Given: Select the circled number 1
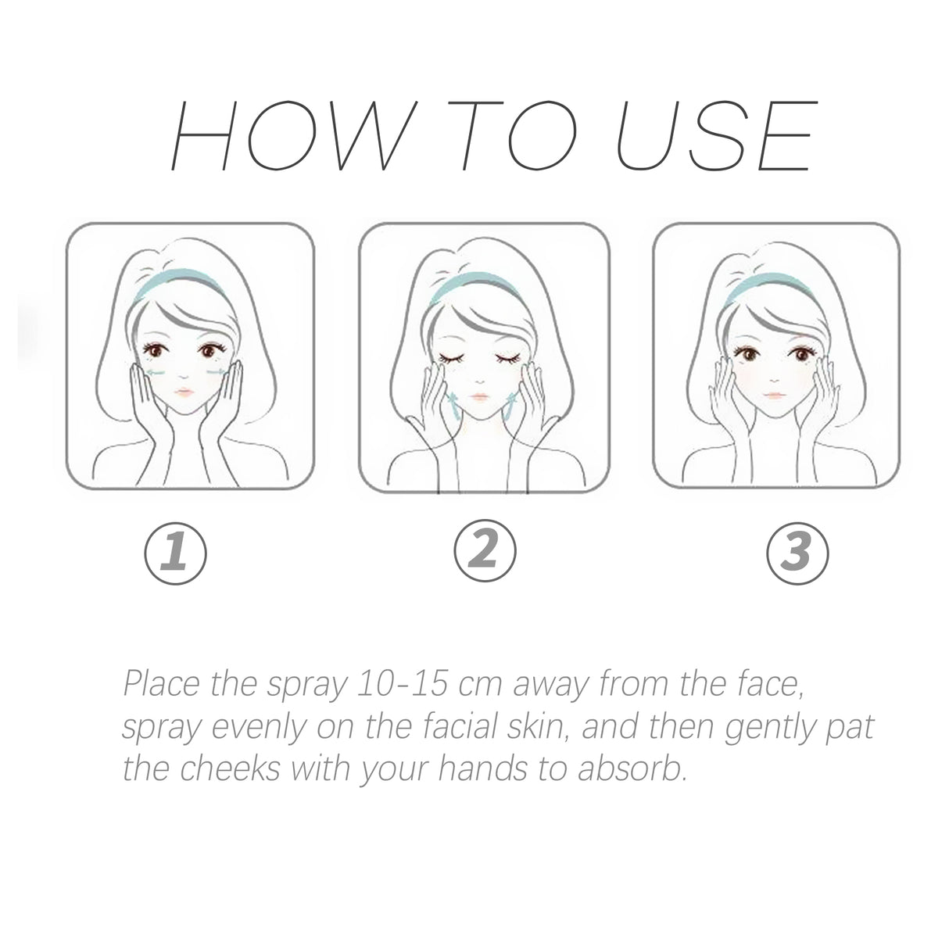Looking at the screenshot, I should tap(175, 553).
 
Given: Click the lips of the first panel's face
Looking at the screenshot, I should tap(182, 392).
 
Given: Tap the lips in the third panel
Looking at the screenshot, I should tap(772, 392).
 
